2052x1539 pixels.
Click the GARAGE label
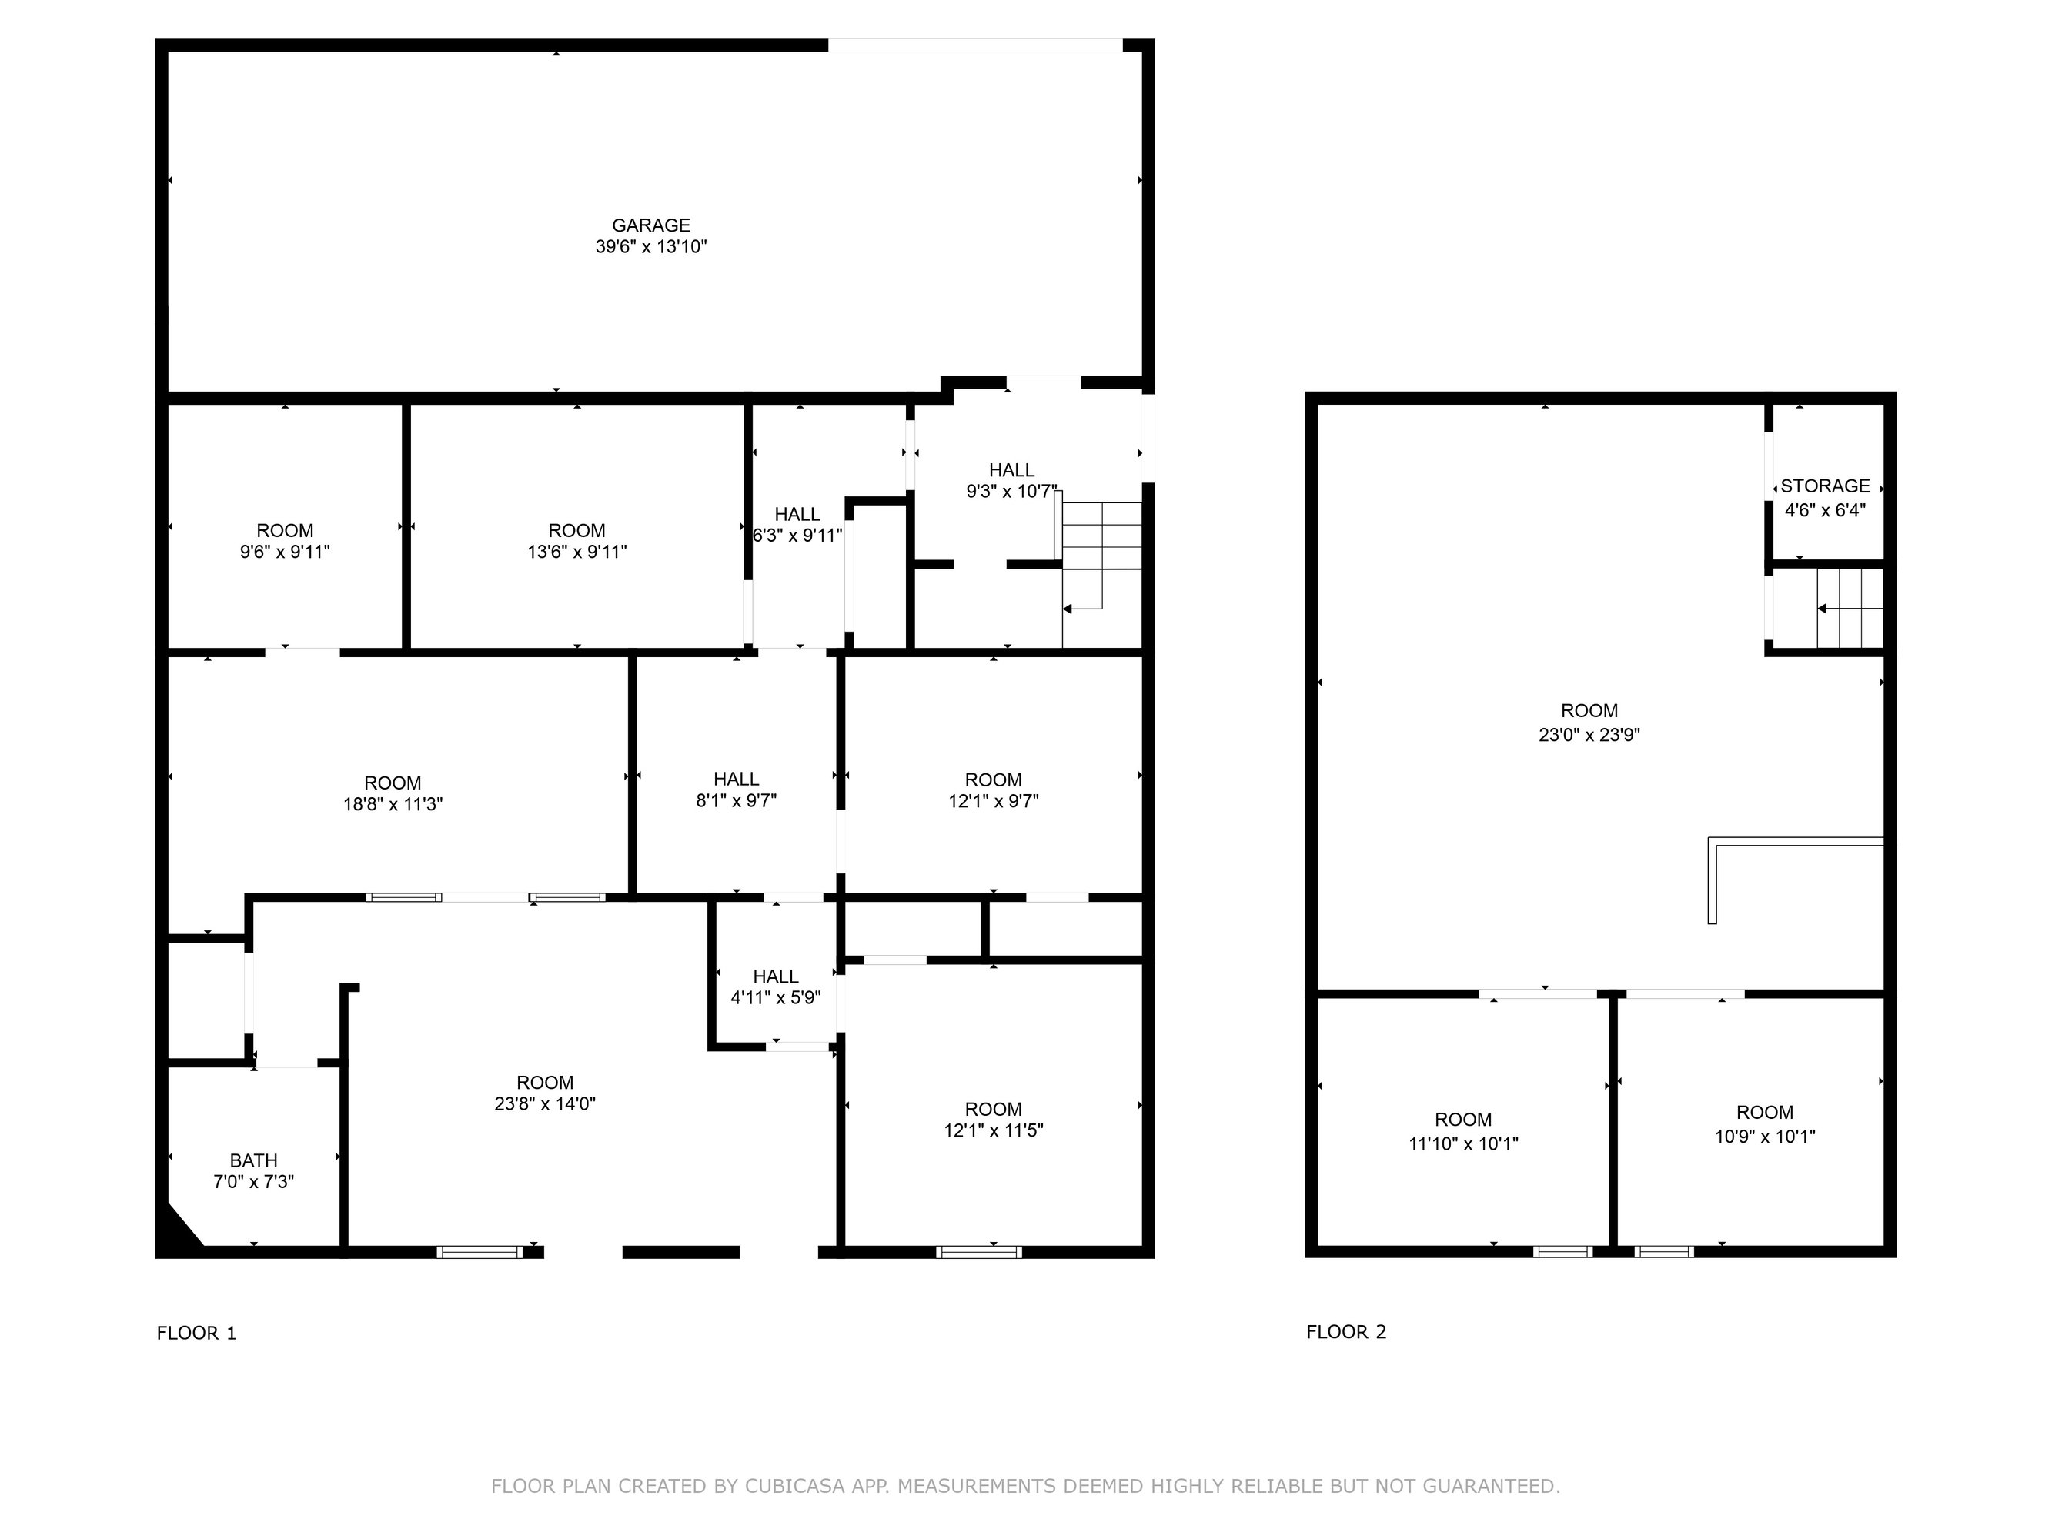click(650, 225)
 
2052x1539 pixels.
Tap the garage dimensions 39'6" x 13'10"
click(650, 247)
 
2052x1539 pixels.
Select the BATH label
click(253, 1160)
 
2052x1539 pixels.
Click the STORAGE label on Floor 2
click(1825, 486)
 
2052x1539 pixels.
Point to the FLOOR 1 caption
click(197, 1333)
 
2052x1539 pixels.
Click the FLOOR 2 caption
click(1346, 1332)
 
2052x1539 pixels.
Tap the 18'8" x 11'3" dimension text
click(393, 804)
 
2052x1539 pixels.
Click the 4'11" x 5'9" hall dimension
click(776, 998)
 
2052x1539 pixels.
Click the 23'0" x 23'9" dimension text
click(1589, 735)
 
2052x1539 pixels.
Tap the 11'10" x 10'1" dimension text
click(1463, 1143)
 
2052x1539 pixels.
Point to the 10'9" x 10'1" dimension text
click(1764, 1137)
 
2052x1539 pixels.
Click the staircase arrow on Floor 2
click(1850, 609)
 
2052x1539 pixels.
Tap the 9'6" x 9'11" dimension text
click(285, 552)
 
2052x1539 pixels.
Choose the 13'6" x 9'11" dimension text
click(577, 552)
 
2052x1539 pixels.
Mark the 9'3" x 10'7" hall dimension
click(1011, 492)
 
